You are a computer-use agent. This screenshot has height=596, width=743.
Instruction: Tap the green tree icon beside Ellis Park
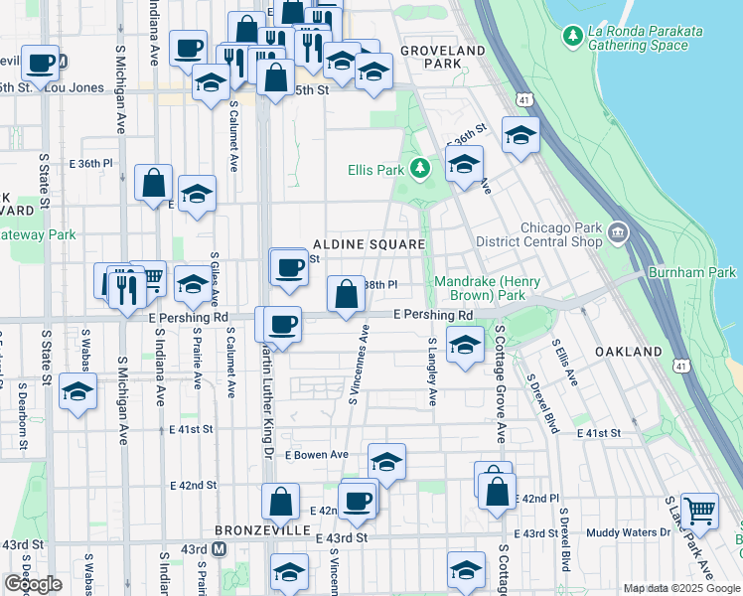(x=420, y=170)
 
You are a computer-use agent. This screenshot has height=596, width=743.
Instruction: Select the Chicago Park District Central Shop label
(x=561, y=233)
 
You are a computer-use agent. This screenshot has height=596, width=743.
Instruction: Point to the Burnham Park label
(x=691, y=272)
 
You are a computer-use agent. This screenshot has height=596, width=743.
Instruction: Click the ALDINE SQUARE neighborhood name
(x=369, y=244)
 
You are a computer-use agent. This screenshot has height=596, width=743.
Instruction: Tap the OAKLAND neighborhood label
(x=628, y=353)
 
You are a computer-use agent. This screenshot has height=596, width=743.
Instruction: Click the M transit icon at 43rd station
(x=221, y=548)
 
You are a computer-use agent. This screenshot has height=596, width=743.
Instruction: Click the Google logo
(x=34, y=583)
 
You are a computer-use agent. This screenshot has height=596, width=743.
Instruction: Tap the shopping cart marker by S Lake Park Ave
(x=700, y=511)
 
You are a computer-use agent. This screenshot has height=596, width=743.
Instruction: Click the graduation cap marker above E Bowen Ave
(x=387, y=461)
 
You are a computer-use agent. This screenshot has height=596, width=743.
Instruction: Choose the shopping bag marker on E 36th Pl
(x=154, y=183)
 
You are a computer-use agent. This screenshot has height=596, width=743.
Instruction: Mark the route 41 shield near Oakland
(x=678, y=367)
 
